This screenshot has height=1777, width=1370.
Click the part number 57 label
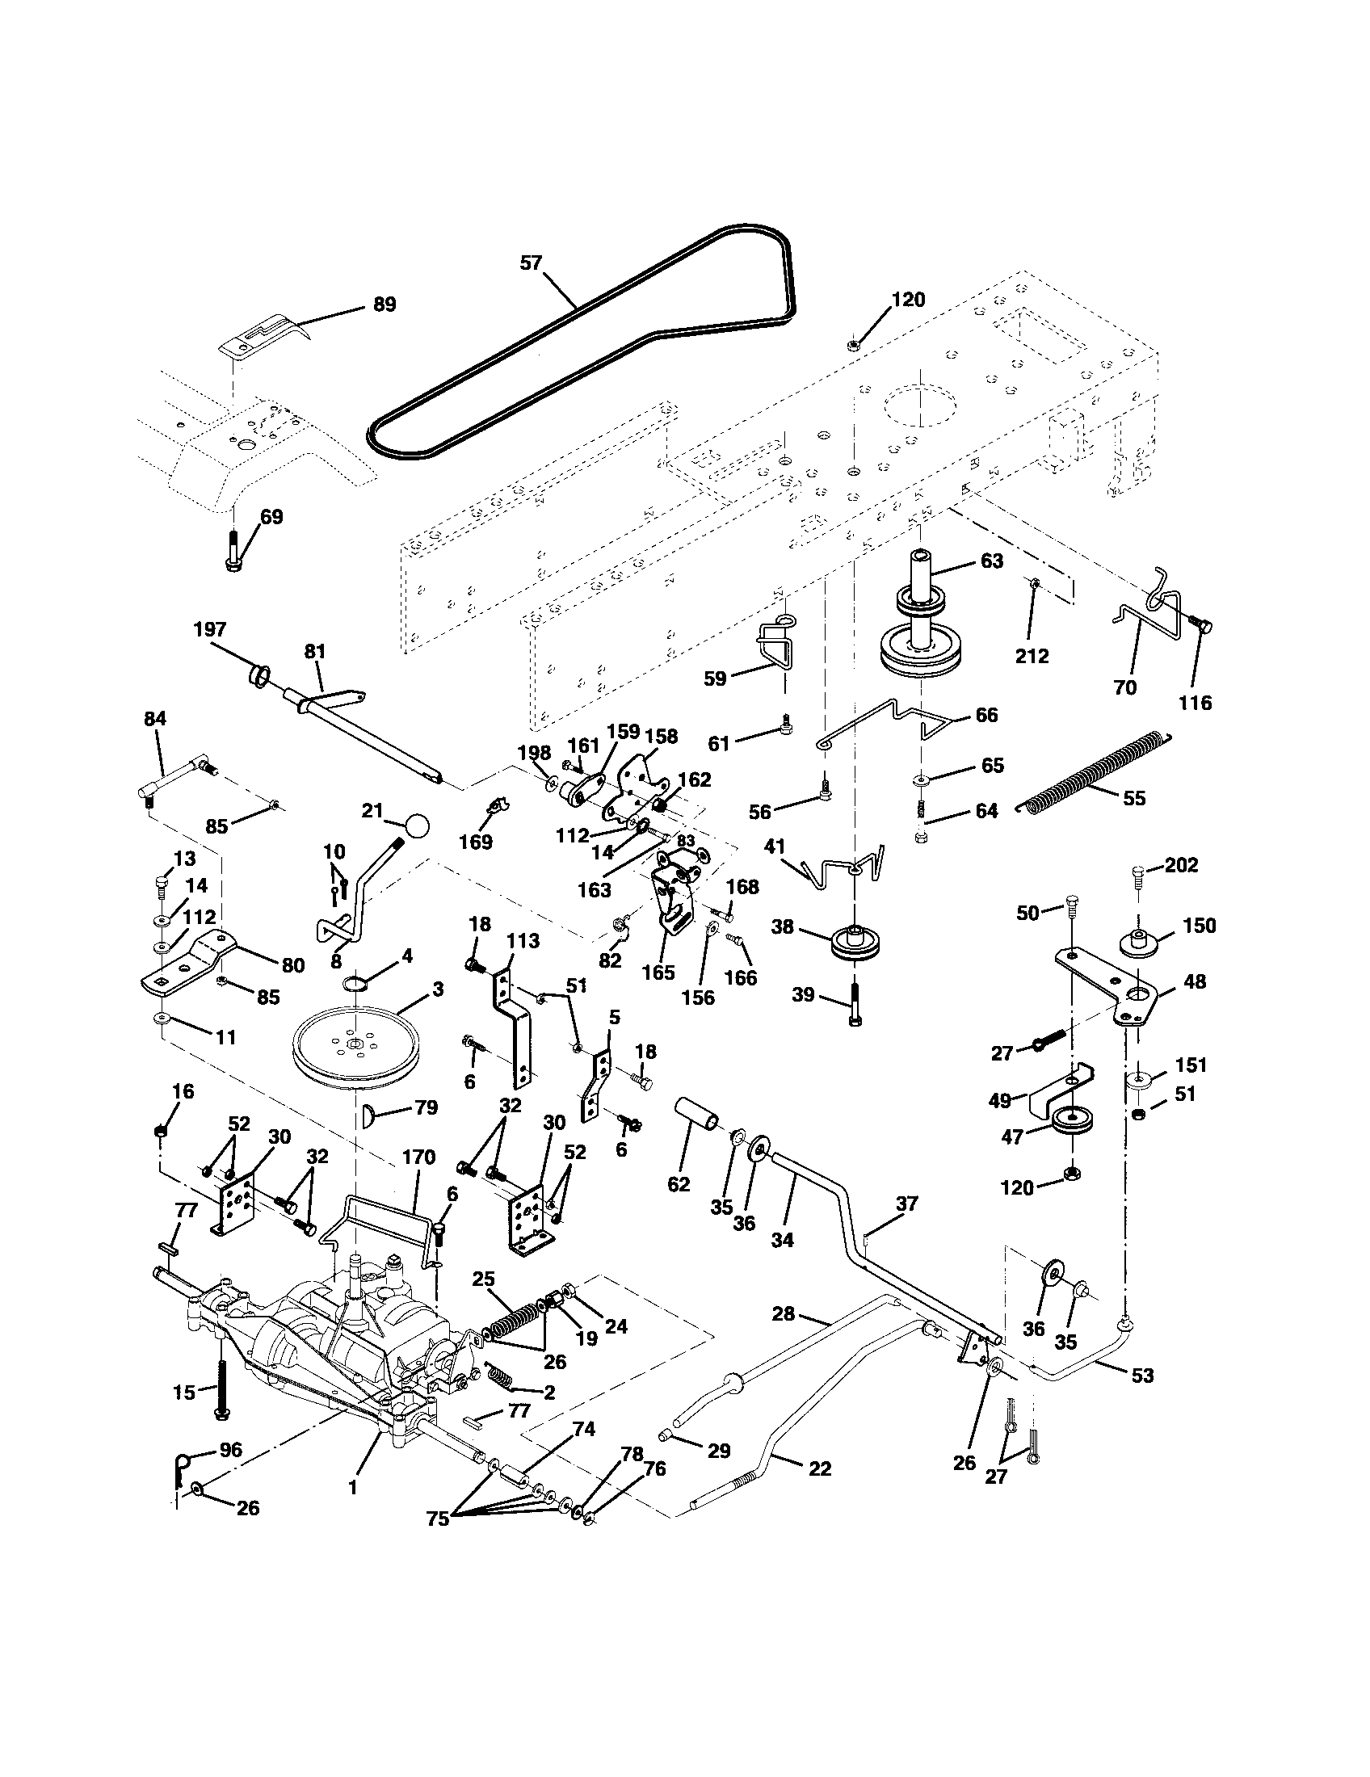[x=531, y=263]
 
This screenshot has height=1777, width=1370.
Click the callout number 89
[x=384, y=305]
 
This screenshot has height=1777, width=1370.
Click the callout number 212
[x=1032, y=656]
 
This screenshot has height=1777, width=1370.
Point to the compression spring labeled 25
[x=511, y=1319]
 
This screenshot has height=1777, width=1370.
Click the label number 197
[x=210, y=629]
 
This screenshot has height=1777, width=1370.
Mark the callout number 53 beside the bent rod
[x=1142, y=1375]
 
